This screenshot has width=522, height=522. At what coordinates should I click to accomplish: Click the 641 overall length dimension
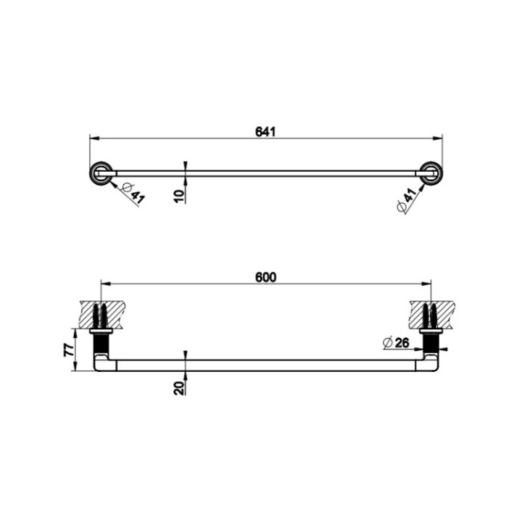click(265, 131)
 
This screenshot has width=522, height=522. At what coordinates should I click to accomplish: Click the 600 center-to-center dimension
click(266, 277)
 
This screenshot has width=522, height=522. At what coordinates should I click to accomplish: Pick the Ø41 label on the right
click(407, 200)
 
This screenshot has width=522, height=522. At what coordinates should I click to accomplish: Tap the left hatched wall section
click(99, 314)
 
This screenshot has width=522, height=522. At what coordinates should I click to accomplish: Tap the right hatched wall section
click(432, 314)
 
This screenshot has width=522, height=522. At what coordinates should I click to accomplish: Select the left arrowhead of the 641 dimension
click(92, 137)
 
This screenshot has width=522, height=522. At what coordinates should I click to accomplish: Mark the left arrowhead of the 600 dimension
click(103, 283)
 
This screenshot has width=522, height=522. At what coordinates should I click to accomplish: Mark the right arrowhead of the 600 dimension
click(428, 283)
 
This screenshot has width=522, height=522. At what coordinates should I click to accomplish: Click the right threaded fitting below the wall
click(432, 339)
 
